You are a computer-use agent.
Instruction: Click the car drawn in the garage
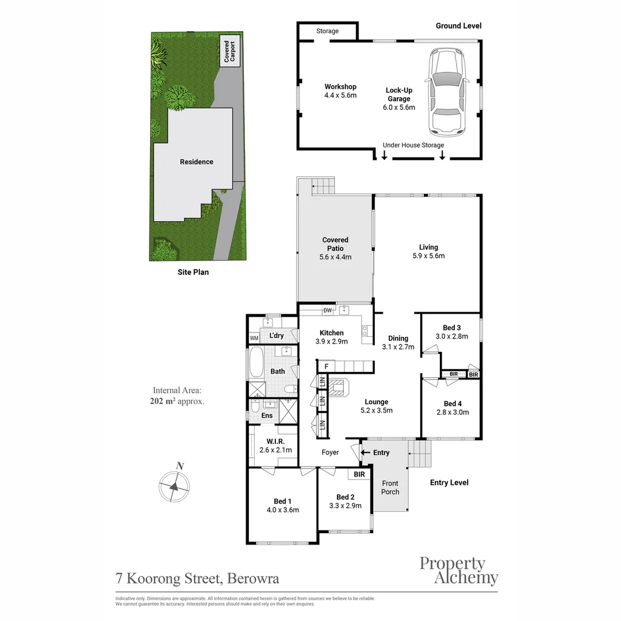click(447, 92)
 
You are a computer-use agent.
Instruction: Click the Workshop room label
click(340, 87)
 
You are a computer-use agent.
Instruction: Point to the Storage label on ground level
click(327, 31)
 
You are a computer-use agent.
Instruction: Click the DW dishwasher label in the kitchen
click(328, 310)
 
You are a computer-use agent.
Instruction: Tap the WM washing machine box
click(254, 338)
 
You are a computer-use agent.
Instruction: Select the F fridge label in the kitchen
click(326, 366)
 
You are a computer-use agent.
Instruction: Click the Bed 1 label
click(282, 501)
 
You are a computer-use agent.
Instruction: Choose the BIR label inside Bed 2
click(359, 474)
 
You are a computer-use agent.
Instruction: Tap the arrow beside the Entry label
click(365, 453)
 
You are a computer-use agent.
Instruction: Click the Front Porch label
click(390, 487)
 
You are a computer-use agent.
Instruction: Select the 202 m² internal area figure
click(161, 401)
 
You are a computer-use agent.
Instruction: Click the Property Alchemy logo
click(458, 570)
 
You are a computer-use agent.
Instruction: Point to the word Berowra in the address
click(254, 578)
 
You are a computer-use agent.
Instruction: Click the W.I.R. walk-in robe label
click(275, 442)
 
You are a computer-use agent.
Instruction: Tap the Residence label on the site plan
click(197, 162)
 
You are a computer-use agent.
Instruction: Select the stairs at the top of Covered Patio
click(323, 186)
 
